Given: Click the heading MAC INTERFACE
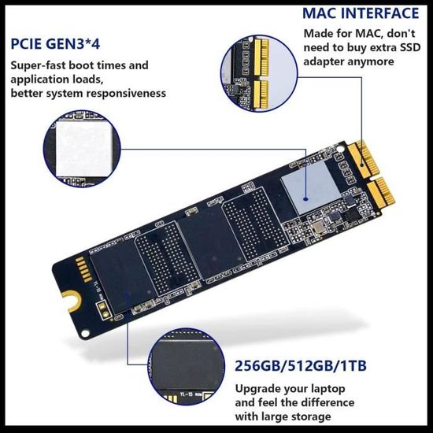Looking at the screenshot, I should click(x=361, y=13).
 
